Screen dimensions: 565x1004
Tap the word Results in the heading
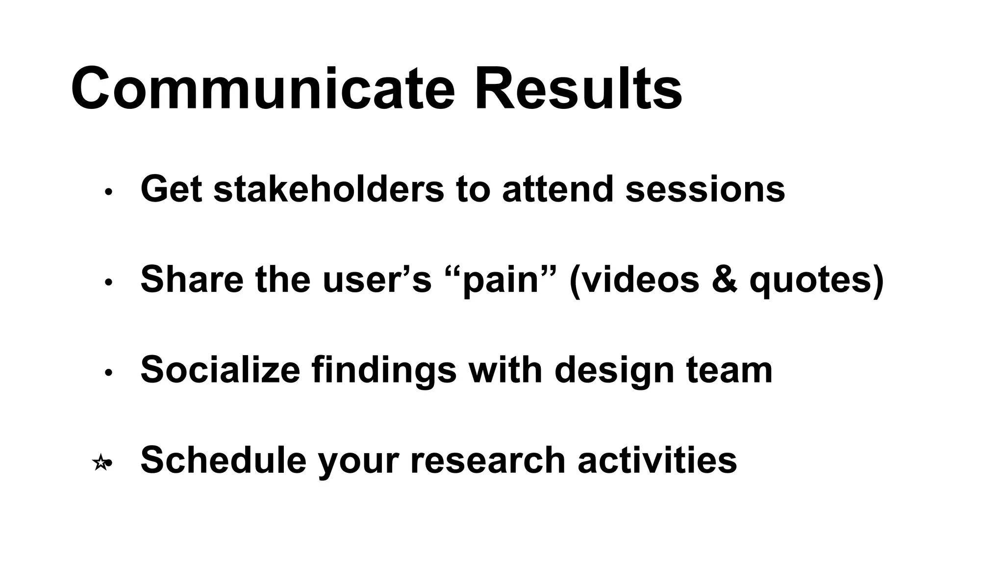pos(578,89)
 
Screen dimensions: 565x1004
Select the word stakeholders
pos(328,189)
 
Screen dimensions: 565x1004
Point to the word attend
pos(557,189)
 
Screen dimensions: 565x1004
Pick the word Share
pos(191,279)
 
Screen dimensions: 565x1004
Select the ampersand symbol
pos(724,279)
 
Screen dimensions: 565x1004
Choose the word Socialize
pos(220,369)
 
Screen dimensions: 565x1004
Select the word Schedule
pos(223,460)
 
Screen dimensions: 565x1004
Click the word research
pos(488,460)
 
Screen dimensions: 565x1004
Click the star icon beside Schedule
pos(100,462)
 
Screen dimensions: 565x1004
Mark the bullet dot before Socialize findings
pos(109,373)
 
